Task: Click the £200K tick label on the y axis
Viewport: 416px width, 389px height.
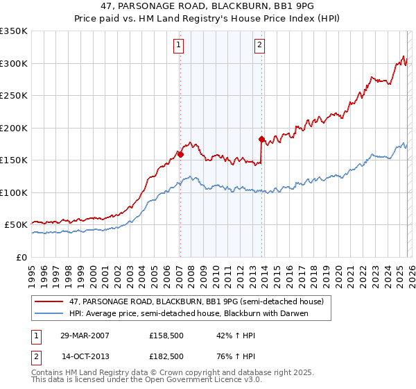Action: click(x=14, y=128)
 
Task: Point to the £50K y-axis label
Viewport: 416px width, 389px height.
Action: click(x=16, y=225)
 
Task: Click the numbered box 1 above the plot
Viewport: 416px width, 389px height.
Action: click(x=179, y=46)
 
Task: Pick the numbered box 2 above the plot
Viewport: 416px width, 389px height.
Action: click(x=259, y=46)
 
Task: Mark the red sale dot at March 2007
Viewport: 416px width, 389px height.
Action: click(x=180, y=154)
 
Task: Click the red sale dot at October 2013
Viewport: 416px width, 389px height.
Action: click(x=261, y=139)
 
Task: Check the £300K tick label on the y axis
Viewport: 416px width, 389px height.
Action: click(x=14, y=63)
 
